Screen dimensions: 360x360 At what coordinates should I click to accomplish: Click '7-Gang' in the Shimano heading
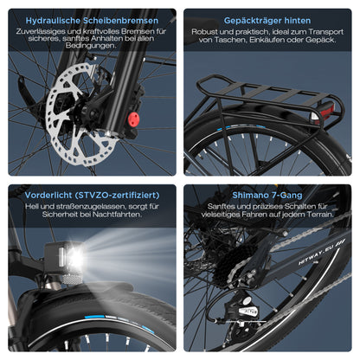[x=292, y=195]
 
